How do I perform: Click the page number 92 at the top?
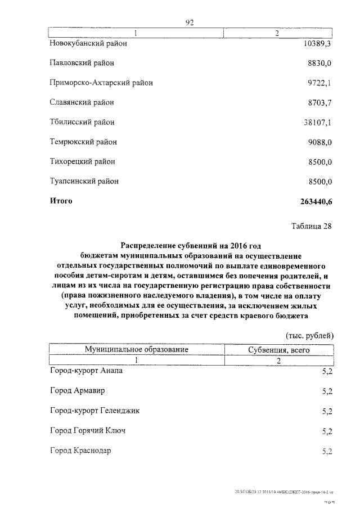click(x=190, y=22)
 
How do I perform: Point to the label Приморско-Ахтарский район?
click(x=101, y=83)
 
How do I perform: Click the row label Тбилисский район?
click(x=82, y=122)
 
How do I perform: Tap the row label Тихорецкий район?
click(x=82, y=162)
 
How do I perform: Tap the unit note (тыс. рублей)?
click(x=310, y=335)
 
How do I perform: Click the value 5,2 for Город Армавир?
click(x=327, y=391)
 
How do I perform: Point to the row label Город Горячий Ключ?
click(x=87, y=431)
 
